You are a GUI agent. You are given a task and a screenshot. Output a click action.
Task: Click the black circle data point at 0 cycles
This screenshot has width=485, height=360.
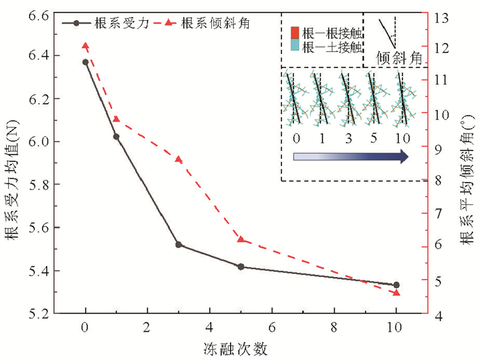85,62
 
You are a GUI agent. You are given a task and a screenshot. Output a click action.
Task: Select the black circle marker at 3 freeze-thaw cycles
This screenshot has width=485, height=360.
179,244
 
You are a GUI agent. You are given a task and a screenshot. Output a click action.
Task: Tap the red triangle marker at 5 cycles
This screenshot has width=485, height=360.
240,239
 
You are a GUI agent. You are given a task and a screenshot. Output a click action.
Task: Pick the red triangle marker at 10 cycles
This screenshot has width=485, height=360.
396,293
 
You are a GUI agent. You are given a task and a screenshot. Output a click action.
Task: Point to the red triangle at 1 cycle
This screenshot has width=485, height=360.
116,119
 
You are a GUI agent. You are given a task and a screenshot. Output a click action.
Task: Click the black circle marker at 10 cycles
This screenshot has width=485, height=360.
396,285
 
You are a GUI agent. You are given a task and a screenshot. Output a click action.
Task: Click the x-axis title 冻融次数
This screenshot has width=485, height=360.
240,348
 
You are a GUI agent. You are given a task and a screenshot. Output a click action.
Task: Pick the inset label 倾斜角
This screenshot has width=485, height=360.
399,58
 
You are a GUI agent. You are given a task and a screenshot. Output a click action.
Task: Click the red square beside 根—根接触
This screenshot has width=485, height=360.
294,31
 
